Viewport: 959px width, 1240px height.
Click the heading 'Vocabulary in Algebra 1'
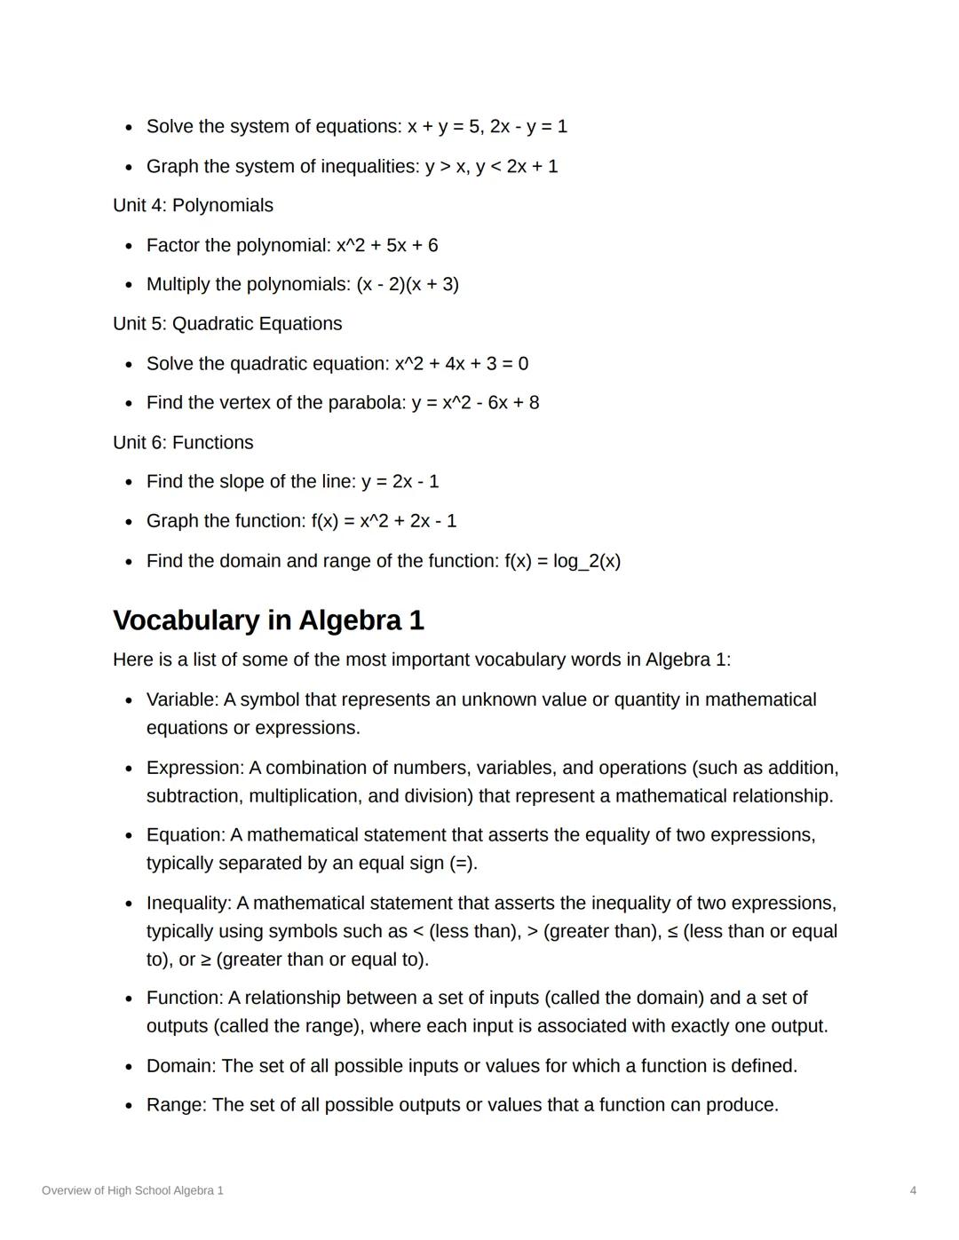pyautogui.click(x=268, y=620)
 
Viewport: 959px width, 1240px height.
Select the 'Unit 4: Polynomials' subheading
pyautogui.click(x=193, y=205)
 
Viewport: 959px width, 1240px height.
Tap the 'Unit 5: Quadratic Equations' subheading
pyautogui.click(x=227, y=324)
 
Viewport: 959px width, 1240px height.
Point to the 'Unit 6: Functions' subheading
pyautogui.click(x=183, y=442)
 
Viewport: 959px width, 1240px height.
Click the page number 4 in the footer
pyautogui.click(x=913, y=1190)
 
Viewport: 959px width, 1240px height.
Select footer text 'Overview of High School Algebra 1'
pyautogui.click(x=132, y=1190)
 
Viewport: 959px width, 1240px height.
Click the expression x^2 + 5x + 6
pyautogui.click(x=386, y=245)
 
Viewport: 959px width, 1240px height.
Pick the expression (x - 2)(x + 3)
pyautogui.click(x=408, y=284)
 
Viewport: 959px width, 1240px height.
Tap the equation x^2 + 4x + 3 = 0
pyautogui.click(x=461, y=364)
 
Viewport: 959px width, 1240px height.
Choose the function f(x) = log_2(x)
pyautogui.click(x=562, y=561)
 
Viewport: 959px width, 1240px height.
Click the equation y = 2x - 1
pyautogui.click(x=400, y=482)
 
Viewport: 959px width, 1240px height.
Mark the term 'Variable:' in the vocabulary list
pyautogui.click(x=182, y=699)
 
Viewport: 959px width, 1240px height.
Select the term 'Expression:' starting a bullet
pyautogui.click(x=194, y=768)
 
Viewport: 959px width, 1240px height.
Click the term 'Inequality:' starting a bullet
pyautogui.click(x=188, y=904)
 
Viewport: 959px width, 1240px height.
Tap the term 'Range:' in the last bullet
pyautogui.click(x=176, y=1105)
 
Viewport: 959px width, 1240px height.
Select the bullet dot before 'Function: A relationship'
pyautogui.click(x=130, y=999)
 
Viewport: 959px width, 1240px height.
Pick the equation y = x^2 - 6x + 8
pyautogui.click(x=475, y=403)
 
